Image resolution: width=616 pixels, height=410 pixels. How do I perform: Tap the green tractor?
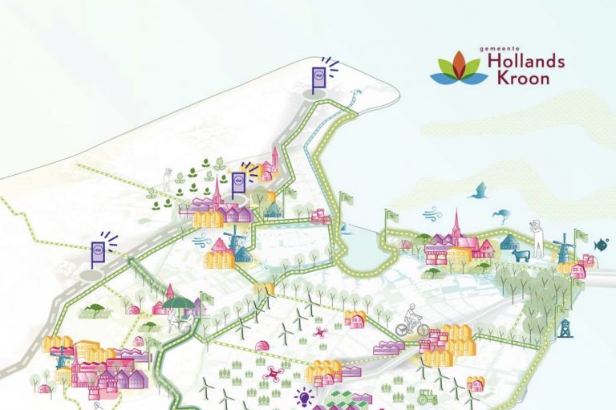click(x=426, y=396)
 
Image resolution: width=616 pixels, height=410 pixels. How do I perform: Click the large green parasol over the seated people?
click(x=182, y=302)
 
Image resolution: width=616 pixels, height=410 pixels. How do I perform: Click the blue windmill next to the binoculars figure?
click(x=563, y=246)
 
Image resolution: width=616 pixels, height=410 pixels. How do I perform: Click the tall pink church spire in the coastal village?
click(x=456, y=225)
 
